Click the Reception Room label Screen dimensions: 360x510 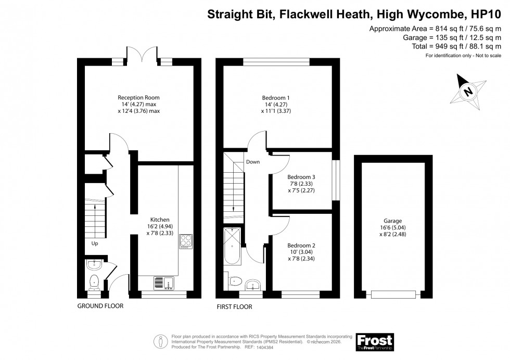click(x=138, y=97)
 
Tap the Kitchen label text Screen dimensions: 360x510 click(x=160, y=220)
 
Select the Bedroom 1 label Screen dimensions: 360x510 click(x=276, y=97)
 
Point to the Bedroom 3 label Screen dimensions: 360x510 click(x=301, y=177)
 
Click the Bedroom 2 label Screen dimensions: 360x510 click(x=301, y=245)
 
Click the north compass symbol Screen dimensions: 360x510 click(x=468, y=92)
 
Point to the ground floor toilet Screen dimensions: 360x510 click(x=95, y=282)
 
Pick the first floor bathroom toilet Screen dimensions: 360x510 click(x=234, y=281)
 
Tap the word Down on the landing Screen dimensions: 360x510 click(x=253, y=162)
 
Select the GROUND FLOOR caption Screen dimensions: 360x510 click(x=100, y=306)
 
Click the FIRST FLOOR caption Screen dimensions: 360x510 click(x=234, y=307)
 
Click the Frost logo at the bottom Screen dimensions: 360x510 click(x=374, y=342)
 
